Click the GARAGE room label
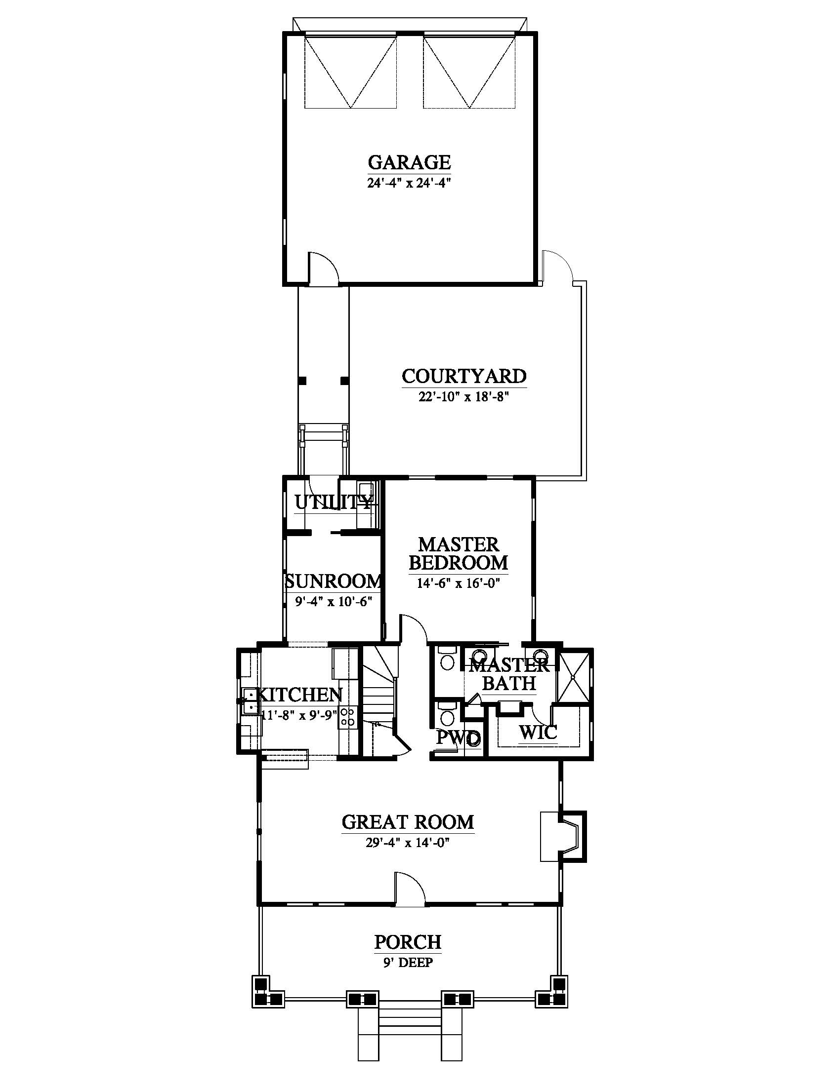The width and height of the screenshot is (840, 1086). pyautogui.click(x=409, y=162)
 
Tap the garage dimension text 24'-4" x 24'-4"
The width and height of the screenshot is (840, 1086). pyautogui.click(x=409, y=183)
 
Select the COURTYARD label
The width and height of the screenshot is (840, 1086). pyautogui.click(x=464, y=376)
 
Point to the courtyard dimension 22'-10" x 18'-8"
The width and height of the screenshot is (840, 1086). pyautogui.click(x=464, y=397)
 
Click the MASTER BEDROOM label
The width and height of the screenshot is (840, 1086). pyautogui.click(x=459, y=553)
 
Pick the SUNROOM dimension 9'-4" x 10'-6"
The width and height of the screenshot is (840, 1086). pyautogui.click(x=334, y=602)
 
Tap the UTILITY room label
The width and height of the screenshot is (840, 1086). pyautogui.click(x=333, y=503)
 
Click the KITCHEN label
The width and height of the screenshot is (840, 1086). pyautogui.click(x=301, y=694)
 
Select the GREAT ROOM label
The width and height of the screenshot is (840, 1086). pyautogui.click(x=408, y=821)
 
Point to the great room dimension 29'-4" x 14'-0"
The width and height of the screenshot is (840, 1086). pyautogui.click(x=408, y=842)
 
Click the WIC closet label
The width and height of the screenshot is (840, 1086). pyautogui.click(x=538, y=732)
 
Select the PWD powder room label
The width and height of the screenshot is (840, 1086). pyautogui.click(x=459, y=737)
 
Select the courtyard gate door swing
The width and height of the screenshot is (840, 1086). pyautogui.click(x=558, y=266)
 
